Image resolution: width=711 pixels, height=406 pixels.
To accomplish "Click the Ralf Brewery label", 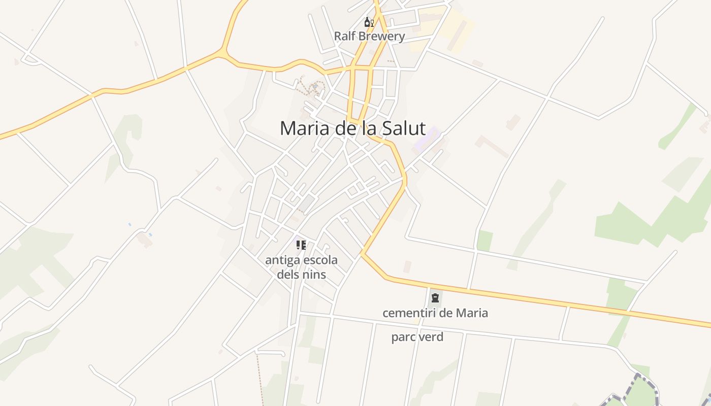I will coord(369,37).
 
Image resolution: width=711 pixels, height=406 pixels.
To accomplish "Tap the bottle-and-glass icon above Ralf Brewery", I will coord(369,22).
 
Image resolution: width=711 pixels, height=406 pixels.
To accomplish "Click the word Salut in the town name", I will coord(401,128).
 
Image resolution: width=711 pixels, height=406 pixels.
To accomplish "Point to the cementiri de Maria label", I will coord(435,313).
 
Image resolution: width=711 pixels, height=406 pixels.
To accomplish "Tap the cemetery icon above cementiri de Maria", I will coord(435,298).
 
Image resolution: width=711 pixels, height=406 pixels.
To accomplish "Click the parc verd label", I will coord(417,337).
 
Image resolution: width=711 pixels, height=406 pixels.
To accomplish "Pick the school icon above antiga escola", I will coord(301,245).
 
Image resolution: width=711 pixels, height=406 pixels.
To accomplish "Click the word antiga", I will coord(282,260).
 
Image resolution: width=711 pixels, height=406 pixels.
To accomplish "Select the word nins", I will coord(313,275).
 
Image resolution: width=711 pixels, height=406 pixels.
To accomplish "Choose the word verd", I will coord(430,337).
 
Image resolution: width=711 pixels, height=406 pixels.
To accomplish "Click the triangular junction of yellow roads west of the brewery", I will coord(223,52).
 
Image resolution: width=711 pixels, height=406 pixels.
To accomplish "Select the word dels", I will coord(287,275).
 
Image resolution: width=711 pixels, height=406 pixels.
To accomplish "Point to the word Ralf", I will coord(344,37).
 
